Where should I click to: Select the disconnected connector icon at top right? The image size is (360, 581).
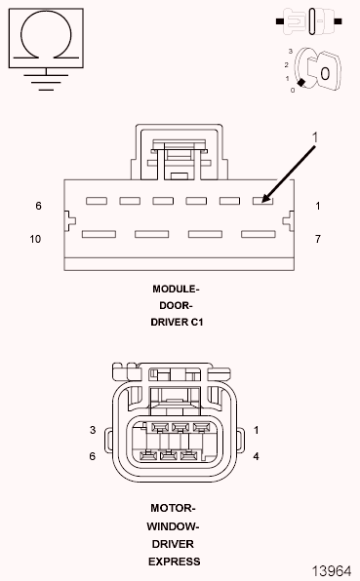312,18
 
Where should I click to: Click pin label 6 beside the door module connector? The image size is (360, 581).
38,207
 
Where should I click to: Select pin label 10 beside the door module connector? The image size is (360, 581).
35,239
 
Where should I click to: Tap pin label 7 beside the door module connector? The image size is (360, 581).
319,239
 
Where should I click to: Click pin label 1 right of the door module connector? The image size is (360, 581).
319,207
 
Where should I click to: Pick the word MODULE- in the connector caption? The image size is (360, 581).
176,290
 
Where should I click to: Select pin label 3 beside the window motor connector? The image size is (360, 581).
93,430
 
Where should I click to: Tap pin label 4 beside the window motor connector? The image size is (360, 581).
255,456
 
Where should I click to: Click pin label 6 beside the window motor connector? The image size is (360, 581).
93,456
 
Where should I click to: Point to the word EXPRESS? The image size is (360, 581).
175,561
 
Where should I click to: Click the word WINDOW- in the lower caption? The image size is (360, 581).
175,525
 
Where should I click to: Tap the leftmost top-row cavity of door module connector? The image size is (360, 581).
95,201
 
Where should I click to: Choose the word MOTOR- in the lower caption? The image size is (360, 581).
175,508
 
